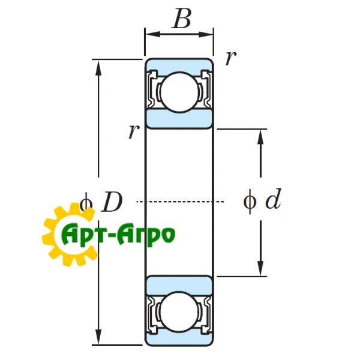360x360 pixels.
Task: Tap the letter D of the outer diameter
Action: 112,202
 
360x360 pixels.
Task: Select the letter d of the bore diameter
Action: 273,200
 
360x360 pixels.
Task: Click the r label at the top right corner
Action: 230,58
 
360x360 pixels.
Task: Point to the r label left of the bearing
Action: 133,131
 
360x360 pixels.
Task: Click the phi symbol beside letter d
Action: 250,200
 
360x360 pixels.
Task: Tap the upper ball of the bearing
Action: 179,92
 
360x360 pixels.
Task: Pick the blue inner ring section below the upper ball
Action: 179,119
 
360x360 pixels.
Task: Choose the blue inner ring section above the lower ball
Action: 179,283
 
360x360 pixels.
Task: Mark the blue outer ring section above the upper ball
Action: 179,65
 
